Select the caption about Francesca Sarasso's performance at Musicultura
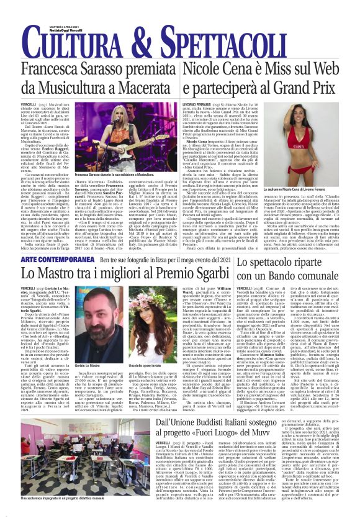[119, 175]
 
